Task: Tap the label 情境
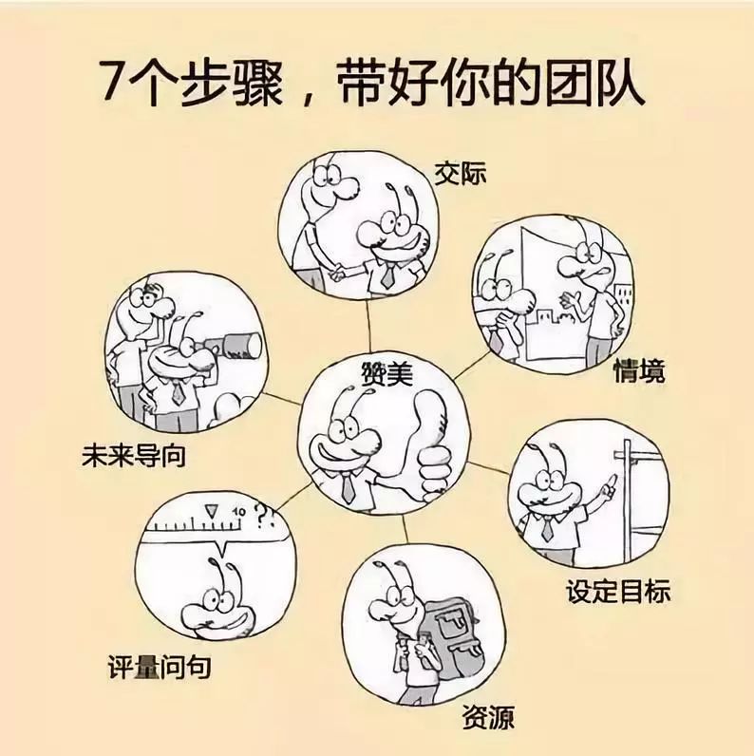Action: coord(639,370)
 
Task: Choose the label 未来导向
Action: coord(133,457)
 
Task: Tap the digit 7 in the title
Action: coord(112,86)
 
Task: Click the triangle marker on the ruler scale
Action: coord(211,511)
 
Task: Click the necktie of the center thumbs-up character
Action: coord(348,487)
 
